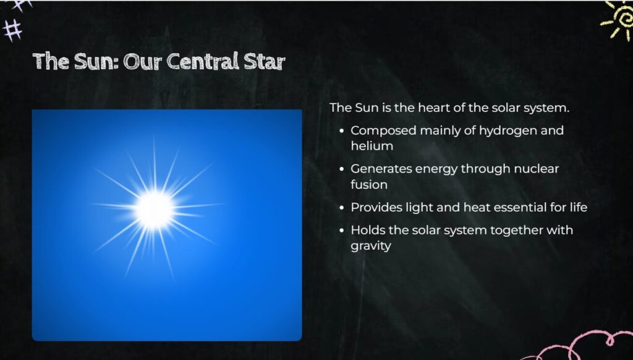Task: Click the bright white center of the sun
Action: coord(154,210)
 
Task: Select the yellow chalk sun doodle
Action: coord(618,20)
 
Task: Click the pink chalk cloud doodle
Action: coord(585,346)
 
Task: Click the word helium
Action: coord(372,146)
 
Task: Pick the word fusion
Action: coord(369,185)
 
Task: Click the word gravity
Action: coord(371,246)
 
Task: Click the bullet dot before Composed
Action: coord(342,131)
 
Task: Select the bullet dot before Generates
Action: coord(342,169)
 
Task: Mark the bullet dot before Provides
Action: coord(342,208)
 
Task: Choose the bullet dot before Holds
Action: coord(342,231)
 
